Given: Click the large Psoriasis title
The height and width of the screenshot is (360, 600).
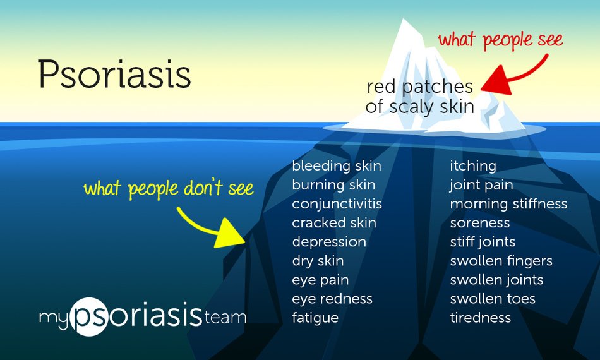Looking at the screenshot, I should tap(114, 75).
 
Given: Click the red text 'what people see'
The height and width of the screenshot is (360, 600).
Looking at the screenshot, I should tap(500, 40).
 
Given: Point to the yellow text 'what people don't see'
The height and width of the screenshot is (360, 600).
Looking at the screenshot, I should tap(169, 188).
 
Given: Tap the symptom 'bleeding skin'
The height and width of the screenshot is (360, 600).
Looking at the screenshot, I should tap(336, 166).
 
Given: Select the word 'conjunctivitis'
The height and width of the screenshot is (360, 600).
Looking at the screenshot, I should tap(337, 204).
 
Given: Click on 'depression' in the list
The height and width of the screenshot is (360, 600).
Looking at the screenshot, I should tap(328, 242).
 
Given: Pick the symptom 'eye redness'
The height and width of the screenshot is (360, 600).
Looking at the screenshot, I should tap(332, 299).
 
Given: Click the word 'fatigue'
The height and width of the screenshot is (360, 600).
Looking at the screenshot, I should tap(315, 318).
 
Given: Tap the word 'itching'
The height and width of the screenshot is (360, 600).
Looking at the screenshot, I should tap(473, 166).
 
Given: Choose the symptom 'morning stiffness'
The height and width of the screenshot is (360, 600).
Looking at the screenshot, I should tap(508, 204).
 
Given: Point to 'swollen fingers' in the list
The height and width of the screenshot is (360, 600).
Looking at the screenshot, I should tap(501, 261).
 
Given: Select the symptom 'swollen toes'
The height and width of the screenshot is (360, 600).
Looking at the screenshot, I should tap(493, 299).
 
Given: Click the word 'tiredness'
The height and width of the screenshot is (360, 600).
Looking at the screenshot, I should tap(480, 318).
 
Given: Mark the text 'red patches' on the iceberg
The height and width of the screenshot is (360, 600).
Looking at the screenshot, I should tap(419, 87).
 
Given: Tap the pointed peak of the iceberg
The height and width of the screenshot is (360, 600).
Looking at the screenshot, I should tap(404, 22).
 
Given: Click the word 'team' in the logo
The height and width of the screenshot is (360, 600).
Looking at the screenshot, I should tap(225, 317).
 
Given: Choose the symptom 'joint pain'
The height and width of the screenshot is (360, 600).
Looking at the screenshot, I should tap(481, 185).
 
